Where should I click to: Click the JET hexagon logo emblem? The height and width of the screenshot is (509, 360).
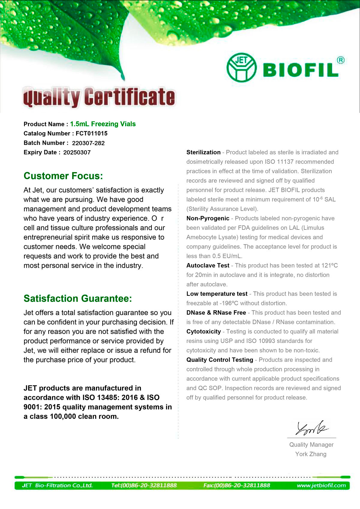241,68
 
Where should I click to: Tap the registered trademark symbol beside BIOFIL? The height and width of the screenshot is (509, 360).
340,60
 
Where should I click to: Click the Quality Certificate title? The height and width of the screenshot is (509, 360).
99,97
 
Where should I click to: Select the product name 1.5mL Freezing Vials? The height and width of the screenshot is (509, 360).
103,124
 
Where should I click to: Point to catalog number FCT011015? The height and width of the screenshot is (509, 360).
91,133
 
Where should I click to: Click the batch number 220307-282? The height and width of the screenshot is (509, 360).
88,143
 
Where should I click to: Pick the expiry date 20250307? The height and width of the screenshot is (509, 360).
77,152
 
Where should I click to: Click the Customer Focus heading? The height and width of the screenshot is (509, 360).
63,176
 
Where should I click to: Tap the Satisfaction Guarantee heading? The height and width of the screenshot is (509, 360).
78,298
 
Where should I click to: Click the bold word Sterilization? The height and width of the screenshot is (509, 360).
203,152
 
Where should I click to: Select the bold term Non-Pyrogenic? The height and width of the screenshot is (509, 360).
208,218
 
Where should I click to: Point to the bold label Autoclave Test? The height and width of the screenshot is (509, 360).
208,265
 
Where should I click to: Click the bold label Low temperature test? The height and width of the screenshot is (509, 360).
217,294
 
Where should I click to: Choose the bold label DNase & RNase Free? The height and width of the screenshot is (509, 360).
216,313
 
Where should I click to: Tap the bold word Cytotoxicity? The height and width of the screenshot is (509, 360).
204,331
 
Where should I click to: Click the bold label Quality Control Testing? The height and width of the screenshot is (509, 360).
220,360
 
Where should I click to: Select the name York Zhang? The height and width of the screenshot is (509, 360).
311,454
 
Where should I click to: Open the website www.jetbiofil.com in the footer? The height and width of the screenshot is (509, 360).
321,485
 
